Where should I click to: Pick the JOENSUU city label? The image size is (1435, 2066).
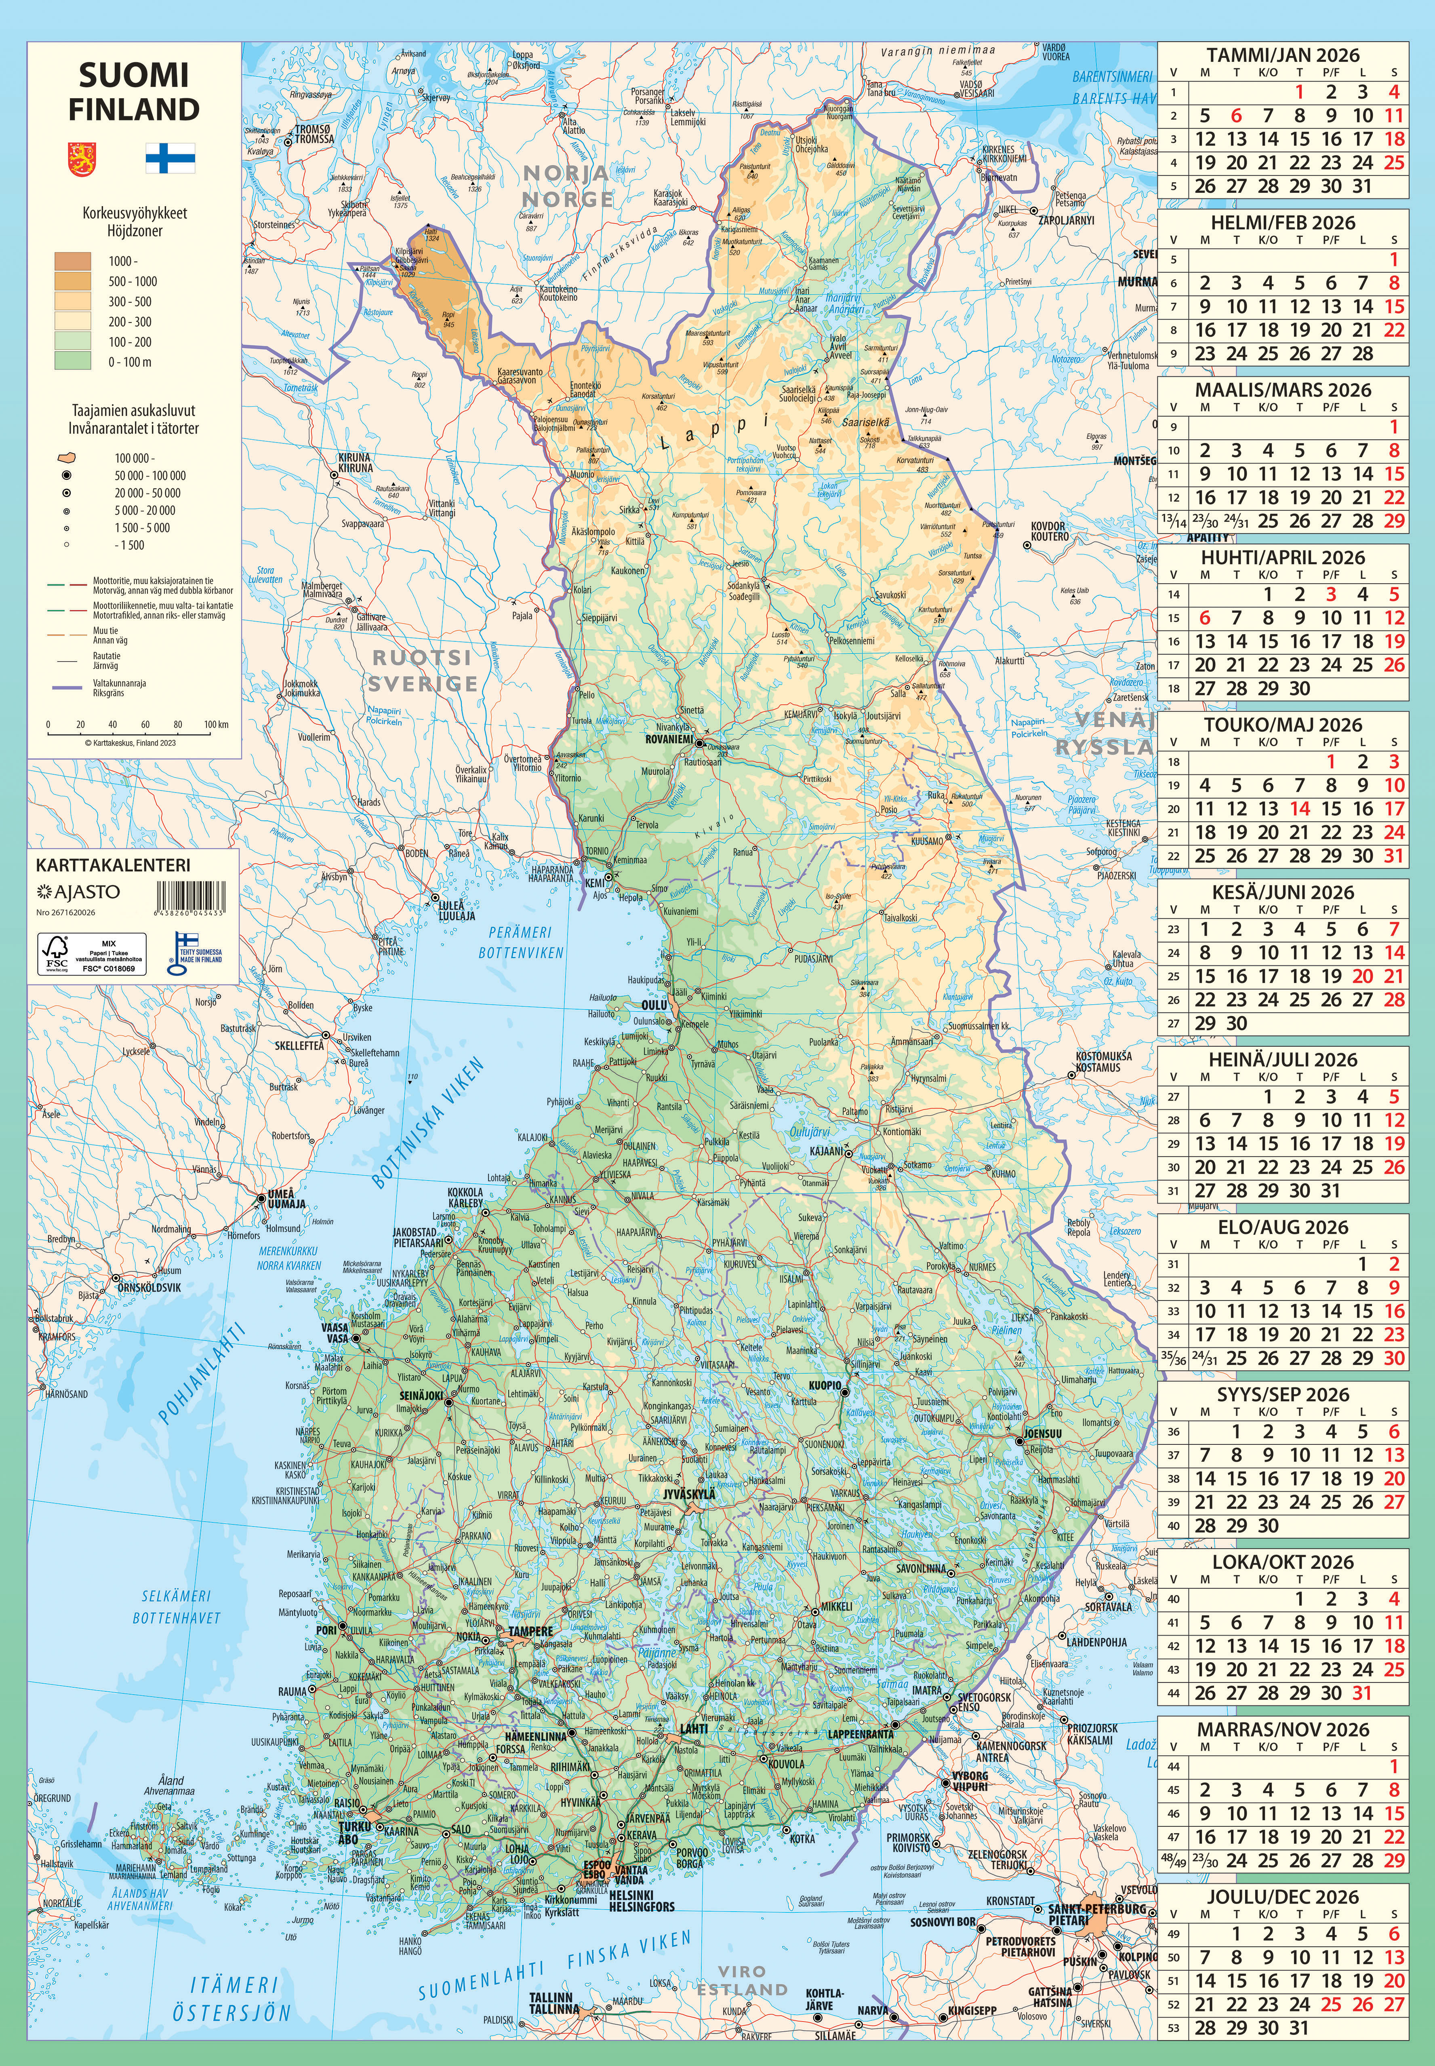click(1043, 1434)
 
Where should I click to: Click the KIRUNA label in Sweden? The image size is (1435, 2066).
click(355, 462)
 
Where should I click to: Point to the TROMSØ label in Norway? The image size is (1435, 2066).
click(315, 134)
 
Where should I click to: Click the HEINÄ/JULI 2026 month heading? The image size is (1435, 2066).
click(1282, 1060)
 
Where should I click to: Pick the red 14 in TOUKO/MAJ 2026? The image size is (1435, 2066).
click(1299, 809)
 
